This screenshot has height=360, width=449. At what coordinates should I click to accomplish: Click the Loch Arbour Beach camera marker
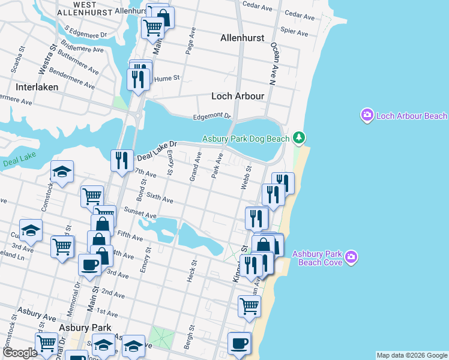(x=367, y=115)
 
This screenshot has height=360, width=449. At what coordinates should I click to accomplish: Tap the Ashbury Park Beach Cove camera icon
(x=351, y=258)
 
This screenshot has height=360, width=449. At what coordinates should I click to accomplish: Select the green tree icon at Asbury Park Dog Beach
(x=299, y=139)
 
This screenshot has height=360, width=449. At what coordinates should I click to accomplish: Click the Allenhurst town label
(x=242, y=38)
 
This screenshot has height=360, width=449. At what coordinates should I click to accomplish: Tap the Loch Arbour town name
(x=238, y=95)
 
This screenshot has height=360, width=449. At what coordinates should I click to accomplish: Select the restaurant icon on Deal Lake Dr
(x=122, y=160)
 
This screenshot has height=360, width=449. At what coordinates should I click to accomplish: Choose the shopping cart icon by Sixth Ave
(x=92, y=196)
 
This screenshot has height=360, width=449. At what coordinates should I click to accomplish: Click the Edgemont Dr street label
(x=211, y=116)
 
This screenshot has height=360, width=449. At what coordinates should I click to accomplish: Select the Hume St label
(x=166, y=78)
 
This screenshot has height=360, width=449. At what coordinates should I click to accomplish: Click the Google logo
(x=20, y=353)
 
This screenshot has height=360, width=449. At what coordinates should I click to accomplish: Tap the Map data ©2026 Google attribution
(x=411, y=355)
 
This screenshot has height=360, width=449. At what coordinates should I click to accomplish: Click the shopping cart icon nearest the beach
(x=249, y=305)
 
